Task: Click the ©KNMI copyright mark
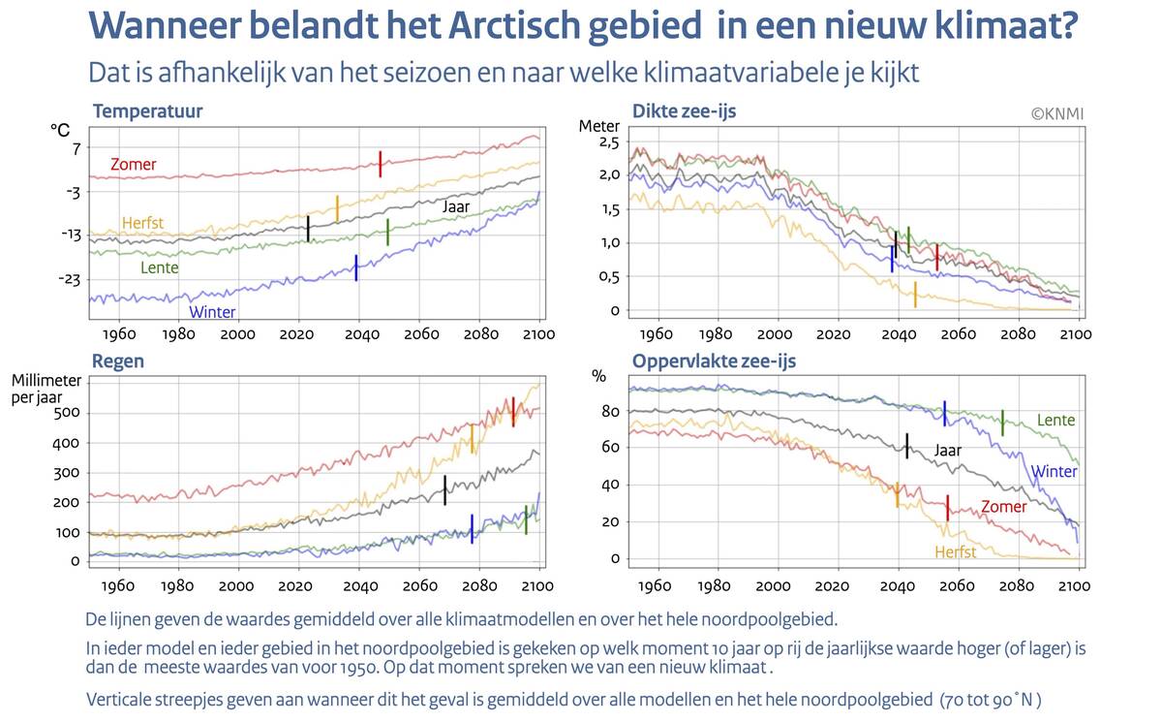pyautogui.click(x=1057, y=114)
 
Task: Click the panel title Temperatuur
pyautogui.click(x=147, y=111)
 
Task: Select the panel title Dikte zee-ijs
pyautogui.click(x=684, y=111)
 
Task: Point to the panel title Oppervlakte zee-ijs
pyautogui.click(x=714, y=361)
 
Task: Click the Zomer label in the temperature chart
pyautogui.click(x=134, y=165)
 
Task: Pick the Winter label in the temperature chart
pyautogui.click(x=212, y=312)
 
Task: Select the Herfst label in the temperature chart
pyautogui.click(x=142, y=223)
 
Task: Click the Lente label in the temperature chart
pyautogui.click(x=160, y=267)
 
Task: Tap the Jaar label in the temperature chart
pyautogui.click(x=456, y=206)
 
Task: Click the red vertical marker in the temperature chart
pyautogui.click(x=381, y=164)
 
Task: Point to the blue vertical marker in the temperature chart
pyautogui.click(x=356, y=267)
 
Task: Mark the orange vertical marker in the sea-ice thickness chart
pyautogui.click(x=915, y=295)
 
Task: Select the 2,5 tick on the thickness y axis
pyautogui.click(x=608, y=142)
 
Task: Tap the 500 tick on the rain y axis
pyautogui.click(x=66, y=413)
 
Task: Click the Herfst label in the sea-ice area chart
pyautogui.click(x=955, y=552)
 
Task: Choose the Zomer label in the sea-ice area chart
pyautogui.click(x=1004, y=507)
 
